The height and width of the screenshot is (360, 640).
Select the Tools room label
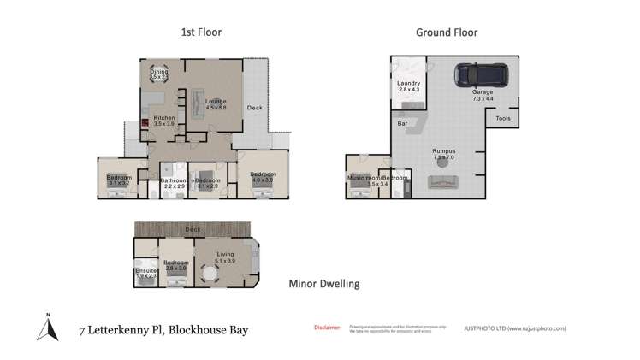pos(503,118)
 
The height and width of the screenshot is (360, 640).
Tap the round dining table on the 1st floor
pos(157,74)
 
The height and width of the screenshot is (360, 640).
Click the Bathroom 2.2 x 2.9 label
pos(175,182)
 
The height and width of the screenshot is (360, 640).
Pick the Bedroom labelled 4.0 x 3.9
pos(262,177)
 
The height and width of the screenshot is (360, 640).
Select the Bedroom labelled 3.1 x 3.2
pos(118,180)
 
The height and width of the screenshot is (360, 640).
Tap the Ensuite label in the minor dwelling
pos(145,273)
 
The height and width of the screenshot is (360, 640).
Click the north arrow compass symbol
pos(49,328)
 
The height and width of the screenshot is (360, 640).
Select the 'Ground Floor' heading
pos(446,32)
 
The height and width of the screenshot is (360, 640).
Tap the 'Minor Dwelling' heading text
pos(323,284)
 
